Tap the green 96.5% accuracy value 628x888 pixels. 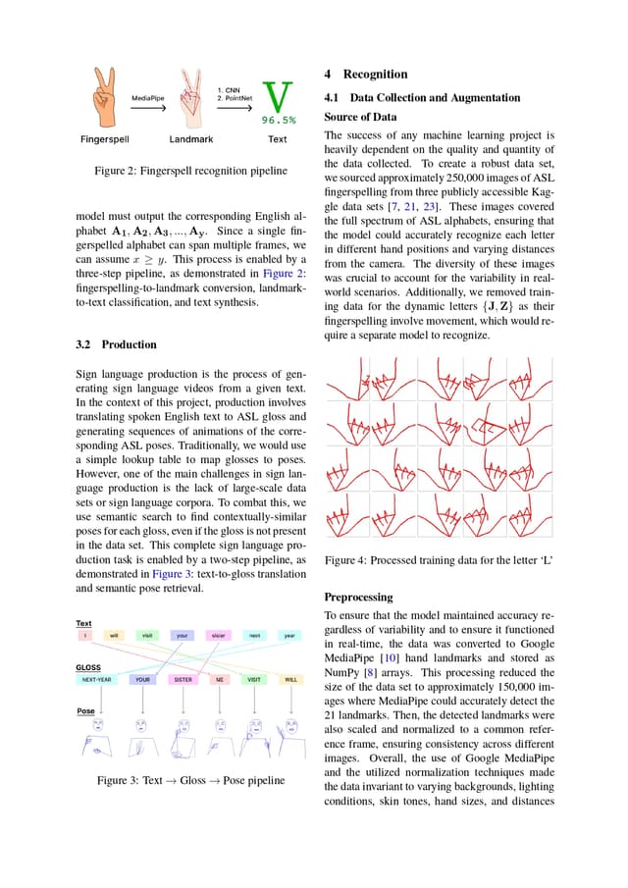[x=279, y=121]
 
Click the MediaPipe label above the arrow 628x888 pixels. [x=147, y=98]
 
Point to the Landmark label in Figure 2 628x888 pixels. [x=191, y=139]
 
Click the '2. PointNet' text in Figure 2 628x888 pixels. [x=235, y=98]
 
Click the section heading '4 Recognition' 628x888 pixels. [x=365, y=75]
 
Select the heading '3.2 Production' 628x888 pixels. [x=116, y=344]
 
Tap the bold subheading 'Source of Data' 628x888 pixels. [x=360, y=117]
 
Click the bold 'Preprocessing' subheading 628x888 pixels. [x=358, y=597]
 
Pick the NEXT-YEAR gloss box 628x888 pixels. [x=95, y=679]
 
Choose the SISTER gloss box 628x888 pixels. [x=183, y=679]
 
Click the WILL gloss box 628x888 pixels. [x=290, y=679]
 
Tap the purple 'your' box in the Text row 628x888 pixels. [x=183, y=636]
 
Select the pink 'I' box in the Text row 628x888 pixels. [x=84, y=636]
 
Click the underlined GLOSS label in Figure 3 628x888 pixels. [x=88, y=666]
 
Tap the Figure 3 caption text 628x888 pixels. [x=190, y=780]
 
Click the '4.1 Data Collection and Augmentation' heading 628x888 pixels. [x=422, y=97]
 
